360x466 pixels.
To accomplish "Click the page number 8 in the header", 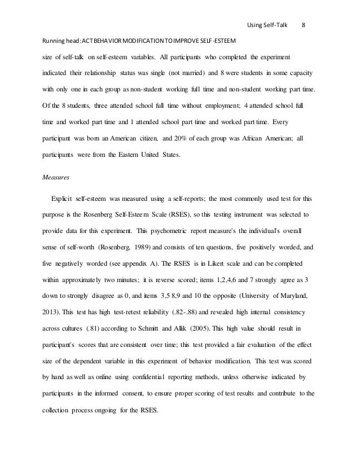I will pyautogui.click(x=304, y=25).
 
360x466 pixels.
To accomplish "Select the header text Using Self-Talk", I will pyautogui.click(x=267, y=25).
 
